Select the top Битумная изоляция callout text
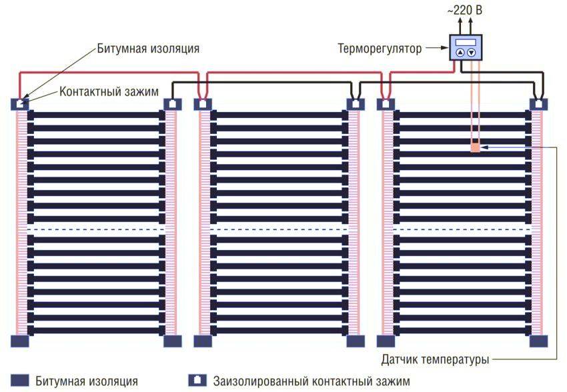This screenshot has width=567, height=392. pyautogui.click(x=148, y=49)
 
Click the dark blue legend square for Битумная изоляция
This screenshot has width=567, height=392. pyautogui.click(x=20, y=381)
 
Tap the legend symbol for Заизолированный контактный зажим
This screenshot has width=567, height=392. pyautogui.click(x=197, y=381)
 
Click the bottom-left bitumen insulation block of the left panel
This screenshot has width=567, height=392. pyautogui.click(x=20, y=341)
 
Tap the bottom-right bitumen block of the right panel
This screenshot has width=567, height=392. pyautogui.click(x=538, y=341)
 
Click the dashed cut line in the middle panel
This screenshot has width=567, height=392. pyautogui.click(x=279, y=230)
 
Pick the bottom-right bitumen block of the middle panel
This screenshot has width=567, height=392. pyautogui.click(x=355, y=341)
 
